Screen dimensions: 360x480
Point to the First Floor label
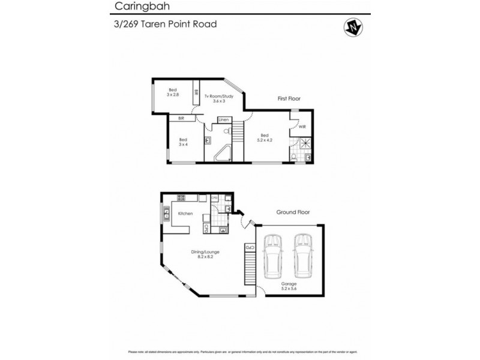pyautogui.click(x=289, y=98)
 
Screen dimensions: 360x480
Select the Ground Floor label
pyautogui.click(x=292, y=212)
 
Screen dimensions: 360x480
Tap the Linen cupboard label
pyautogui.click(x=224, y=121)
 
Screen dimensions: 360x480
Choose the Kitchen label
pyautogui.click(x=185, y=213)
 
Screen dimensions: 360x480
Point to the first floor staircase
pyautogui.click(x=238, y=131)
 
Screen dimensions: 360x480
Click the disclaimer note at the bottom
pyautogui.click(x=240, y=352)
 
